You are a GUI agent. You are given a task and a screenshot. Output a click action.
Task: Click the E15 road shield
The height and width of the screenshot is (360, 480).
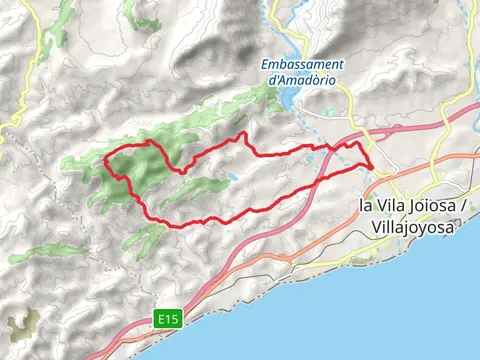(x=168, y=319)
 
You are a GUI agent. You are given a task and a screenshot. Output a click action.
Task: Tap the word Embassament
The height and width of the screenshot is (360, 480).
(x=298, y=67)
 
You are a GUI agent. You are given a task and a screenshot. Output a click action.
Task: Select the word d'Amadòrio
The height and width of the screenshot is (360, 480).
(x=298, y=81)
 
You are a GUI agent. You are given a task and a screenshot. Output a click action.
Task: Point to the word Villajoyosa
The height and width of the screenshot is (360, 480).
(x=411, y=228)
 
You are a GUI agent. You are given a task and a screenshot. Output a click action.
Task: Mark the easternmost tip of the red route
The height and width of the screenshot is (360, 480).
(x=373, y=165)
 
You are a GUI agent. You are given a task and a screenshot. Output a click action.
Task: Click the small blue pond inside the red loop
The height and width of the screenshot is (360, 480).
(x=232, y=176)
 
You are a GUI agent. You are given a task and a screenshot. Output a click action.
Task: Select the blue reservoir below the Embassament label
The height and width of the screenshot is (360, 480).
(x=290, y=98)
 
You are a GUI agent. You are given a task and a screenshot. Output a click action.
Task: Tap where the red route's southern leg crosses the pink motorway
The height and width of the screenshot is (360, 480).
(x=322, y=181)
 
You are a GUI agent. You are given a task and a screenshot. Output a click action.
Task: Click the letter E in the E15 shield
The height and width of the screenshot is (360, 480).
(x=162, y=319)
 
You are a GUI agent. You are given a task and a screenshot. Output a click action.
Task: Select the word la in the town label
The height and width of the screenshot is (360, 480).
(x=364, y=206)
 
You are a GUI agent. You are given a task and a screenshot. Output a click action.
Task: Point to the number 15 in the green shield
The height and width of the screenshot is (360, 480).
(x=172, y=319)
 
